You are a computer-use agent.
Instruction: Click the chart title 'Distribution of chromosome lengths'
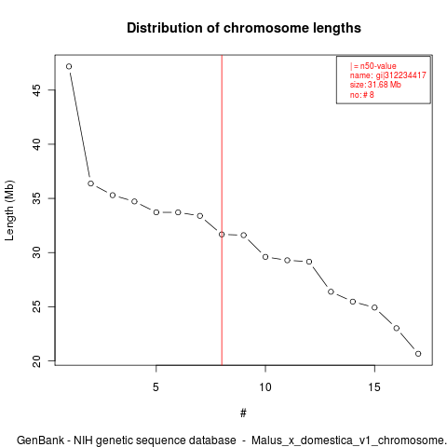click(x=244, y=28)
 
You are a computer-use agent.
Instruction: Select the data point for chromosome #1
click(x=69, y=66)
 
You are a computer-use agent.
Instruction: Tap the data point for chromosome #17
click(x=418, y=354)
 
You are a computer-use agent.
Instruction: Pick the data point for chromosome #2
click(x=90, y=183)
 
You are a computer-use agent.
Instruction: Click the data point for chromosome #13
click(x=331, y=291)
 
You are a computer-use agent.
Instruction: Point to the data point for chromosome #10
click(x=265, y=257)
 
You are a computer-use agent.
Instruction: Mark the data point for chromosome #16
click(x=397, y=328)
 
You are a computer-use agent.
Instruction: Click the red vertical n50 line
click(x=222, y=210)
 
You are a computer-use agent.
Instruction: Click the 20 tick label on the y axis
click(x=37, y=360)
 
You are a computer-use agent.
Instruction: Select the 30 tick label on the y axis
click(x=37, y=252)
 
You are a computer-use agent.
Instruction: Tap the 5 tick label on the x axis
click(x=156, y=387)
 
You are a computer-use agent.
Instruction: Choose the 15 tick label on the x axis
click(x=374, y=387)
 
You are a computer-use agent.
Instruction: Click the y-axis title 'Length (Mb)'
click(x=9, y=210)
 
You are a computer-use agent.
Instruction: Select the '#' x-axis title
click(x=243, y=413)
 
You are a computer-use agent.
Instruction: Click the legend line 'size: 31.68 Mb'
click(x=375, y=85)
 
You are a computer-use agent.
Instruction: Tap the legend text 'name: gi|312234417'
click(x=387, y=75)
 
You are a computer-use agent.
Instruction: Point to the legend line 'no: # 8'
click(x=362, y=94)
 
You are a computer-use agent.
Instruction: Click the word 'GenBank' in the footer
click(x=40, y=440)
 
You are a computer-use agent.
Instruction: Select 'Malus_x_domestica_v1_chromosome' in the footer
click(x=347, y=440)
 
